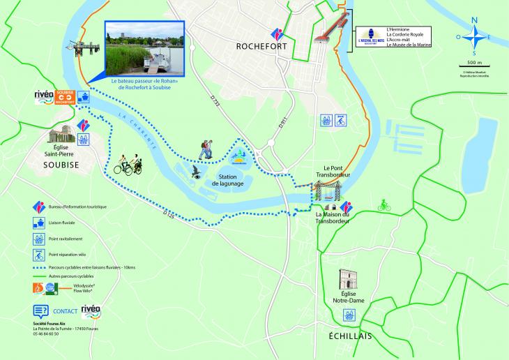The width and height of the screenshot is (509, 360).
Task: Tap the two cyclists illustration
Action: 128,163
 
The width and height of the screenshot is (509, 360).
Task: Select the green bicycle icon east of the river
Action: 383,205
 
